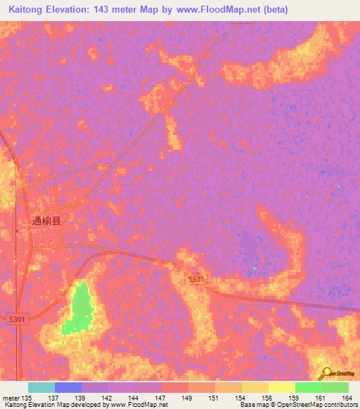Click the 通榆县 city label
click(46, 220)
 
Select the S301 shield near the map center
click(196, 280)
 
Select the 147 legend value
click(161, 397)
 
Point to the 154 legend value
click(240, 397)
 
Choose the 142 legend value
click(108, 397)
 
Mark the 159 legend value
click(294, 397)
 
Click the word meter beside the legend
click(11, 397)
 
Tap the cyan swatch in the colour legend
click(41, 387)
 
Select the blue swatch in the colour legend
click(67, 387)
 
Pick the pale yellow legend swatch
click(281, 387)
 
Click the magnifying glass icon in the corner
click(326, 373)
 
